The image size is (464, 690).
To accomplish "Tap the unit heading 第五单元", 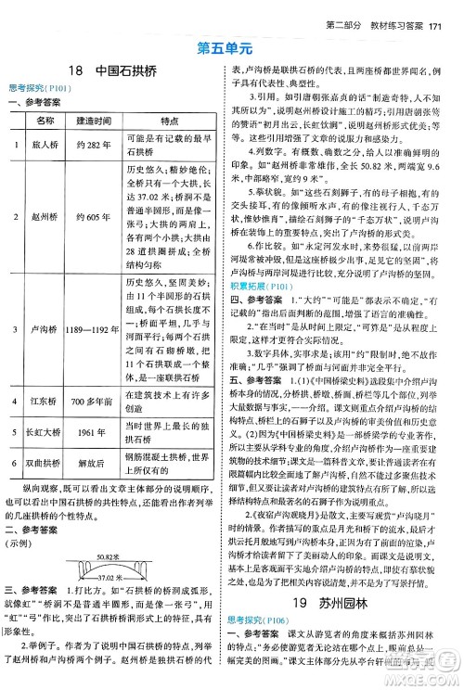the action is [232, 45].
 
